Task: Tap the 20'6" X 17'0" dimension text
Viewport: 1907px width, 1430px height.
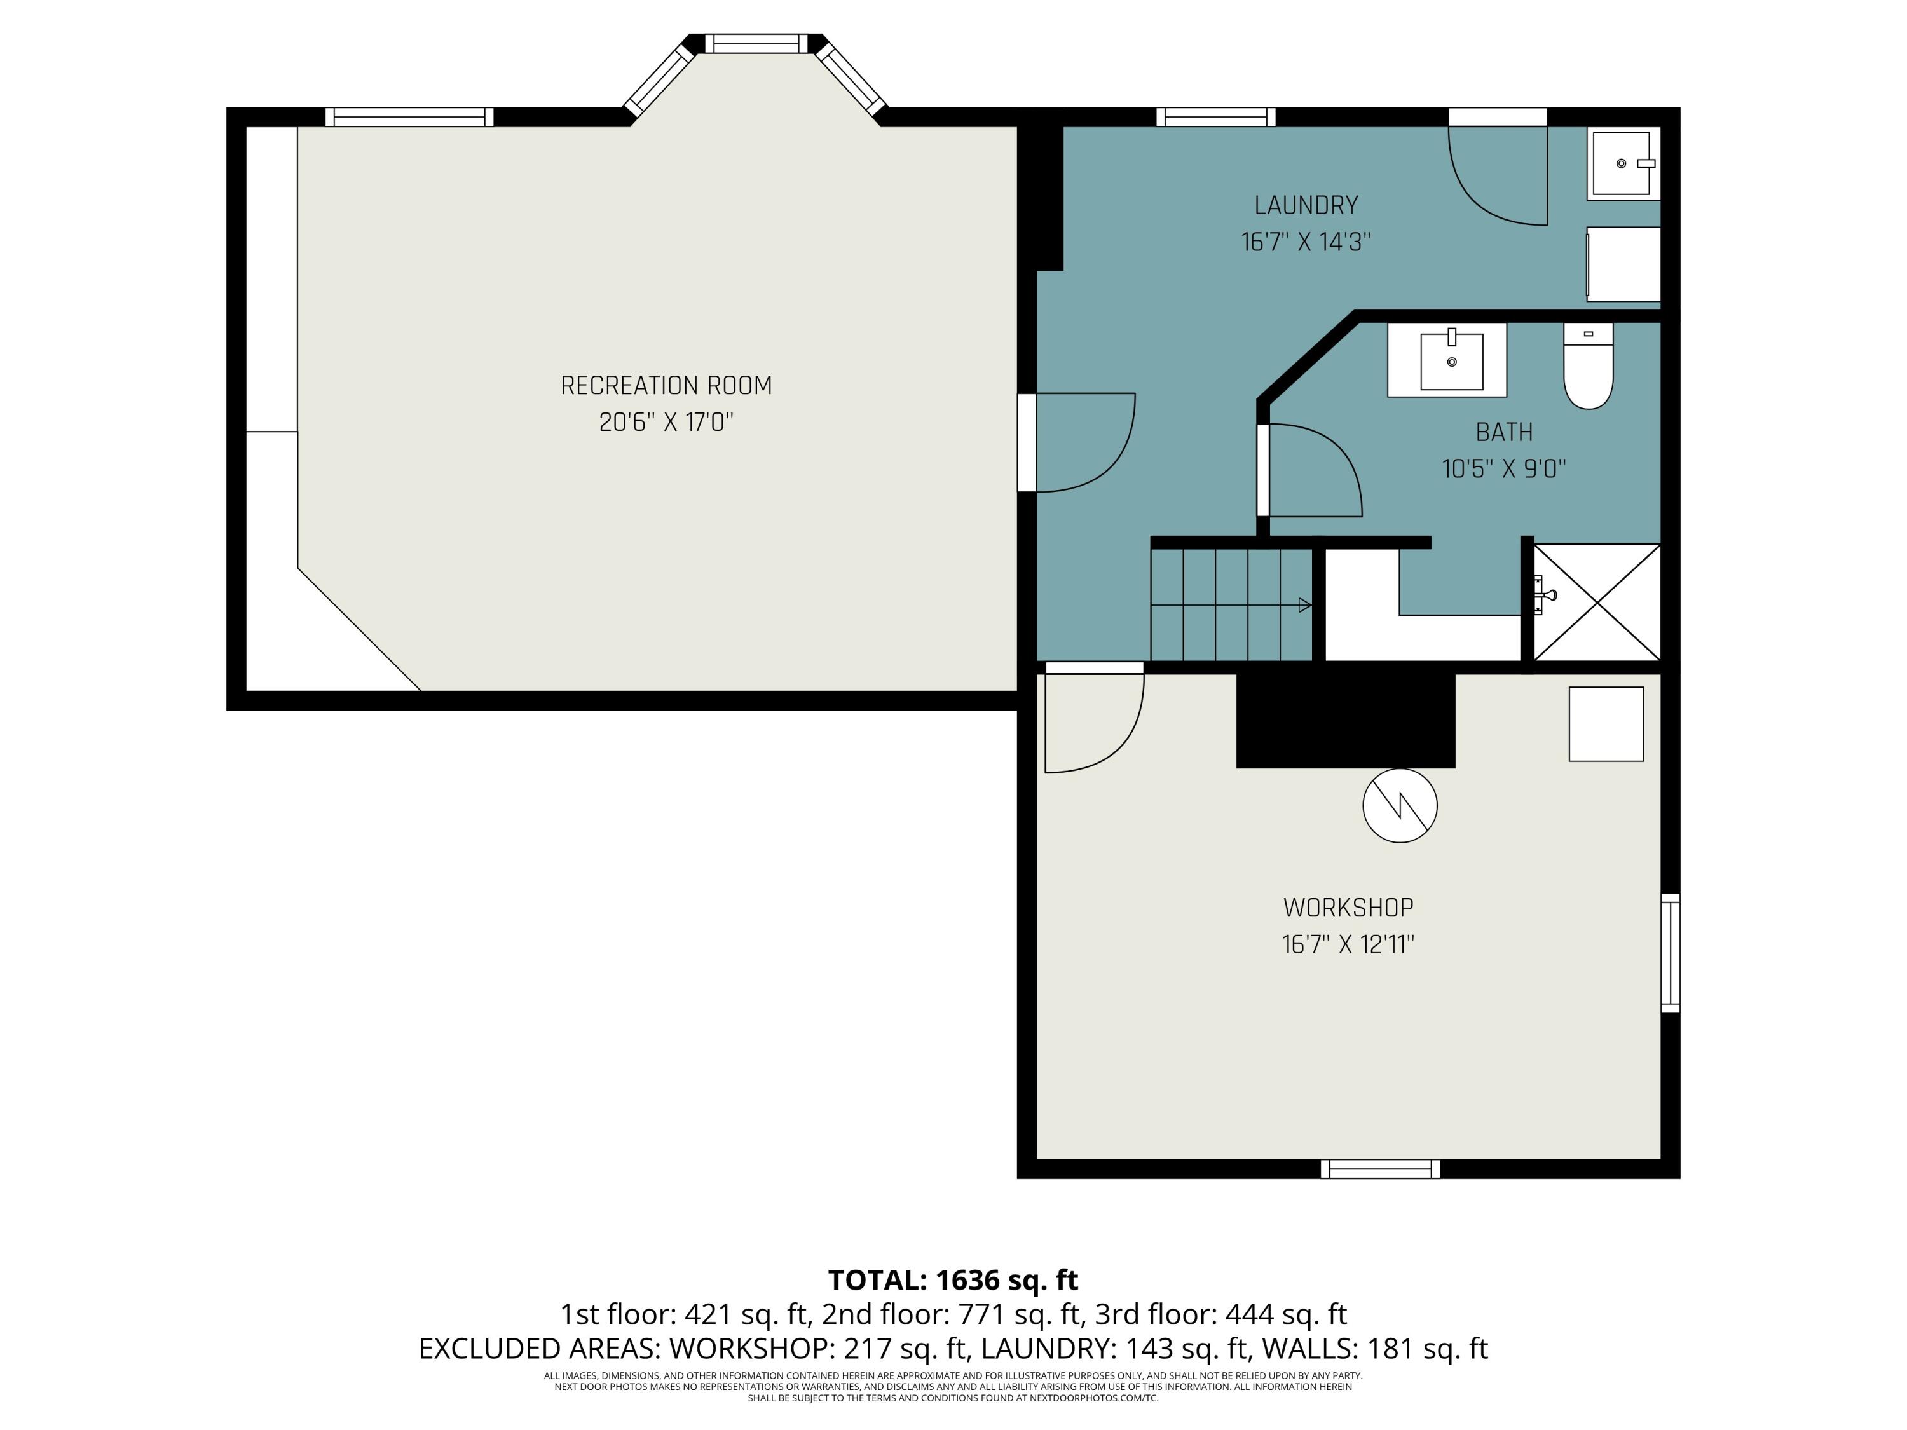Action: [666, 423]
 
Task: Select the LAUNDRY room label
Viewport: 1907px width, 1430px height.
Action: [1306, 205]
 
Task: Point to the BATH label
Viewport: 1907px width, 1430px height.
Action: [1505, 432]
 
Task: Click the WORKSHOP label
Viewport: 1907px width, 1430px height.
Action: [1348, 908]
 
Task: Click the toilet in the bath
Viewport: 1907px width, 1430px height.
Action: [1588, 366]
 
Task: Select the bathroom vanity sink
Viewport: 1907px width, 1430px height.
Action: [1452, 361]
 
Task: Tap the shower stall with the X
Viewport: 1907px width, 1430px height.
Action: [1597, 603]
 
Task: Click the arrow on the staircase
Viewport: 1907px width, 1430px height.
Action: [1304, 605]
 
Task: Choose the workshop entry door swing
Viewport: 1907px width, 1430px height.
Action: [1092, 723]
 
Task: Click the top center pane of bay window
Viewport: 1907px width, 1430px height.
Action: [756, 43]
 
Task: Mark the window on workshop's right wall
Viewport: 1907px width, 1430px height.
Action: [1670, 953]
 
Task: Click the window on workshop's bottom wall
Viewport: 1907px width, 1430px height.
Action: [1380, 1169]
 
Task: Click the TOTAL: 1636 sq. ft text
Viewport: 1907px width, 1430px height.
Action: [953, 1280]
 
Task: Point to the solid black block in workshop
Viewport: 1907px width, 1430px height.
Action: [1346, 719]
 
